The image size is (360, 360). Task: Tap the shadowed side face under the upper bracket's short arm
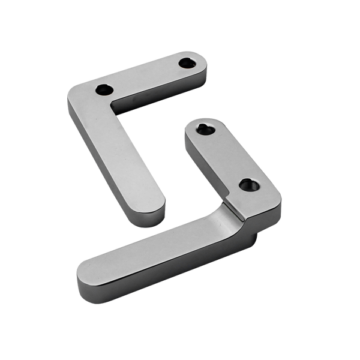(x=162, y=90)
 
